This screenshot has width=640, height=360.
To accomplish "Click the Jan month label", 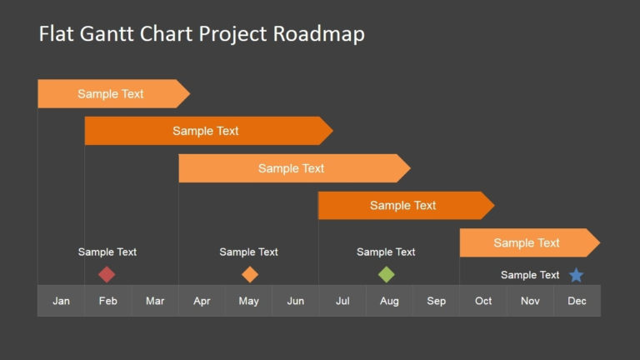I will [x=61, y=301].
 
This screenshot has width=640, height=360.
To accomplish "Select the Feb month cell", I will [x=107, y=301].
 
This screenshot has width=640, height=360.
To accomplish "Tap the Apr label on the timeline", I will [x=202, y=301].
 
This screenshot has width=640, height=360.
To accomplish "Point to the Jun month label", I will [x=296, y=301].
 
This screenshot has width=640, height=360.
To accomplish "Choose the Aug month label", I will [x=389, y=301].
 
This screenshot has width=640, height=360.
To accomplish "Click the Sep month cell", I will [x=437, y=301].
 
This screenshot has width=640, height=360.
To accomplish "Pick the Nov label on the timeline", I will [x=530, y=301].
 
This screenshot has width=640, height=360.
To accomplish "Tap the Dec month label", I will [x=577, y=301].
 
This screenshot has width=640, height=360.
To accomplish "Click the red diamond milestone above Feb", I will [x=107, y=274].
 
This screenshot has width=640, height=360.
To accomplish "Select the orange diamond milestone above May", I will [x=250, y=274].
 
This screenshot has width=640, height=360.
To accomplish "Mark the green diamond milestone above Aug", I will [x=387, y=274].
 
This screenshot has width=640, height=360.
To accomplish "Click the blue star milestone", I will [x=576, y=275].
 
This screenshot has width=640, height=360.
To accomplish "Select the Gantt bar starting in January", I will [x=111, y=94].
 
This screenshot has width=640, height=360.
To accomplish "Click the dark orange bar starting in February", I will [x=206, y=131].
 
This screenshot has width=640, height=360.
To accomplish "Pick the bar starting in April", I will [x=292, y=168].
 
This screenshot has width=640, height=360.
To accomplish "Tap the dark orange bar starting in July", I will [x=403, y=206].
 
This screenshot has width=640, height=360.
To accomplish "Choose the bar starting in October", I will [x=527, y=242].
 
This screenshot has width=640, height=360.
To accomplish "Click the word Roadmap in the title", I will [x=320, y=34].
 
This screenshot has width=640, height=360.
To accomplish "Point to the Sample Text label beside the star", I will [x=530, y=275].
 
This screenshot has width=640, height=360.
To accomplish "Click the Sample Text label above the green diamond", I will [x=386, y=252].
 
